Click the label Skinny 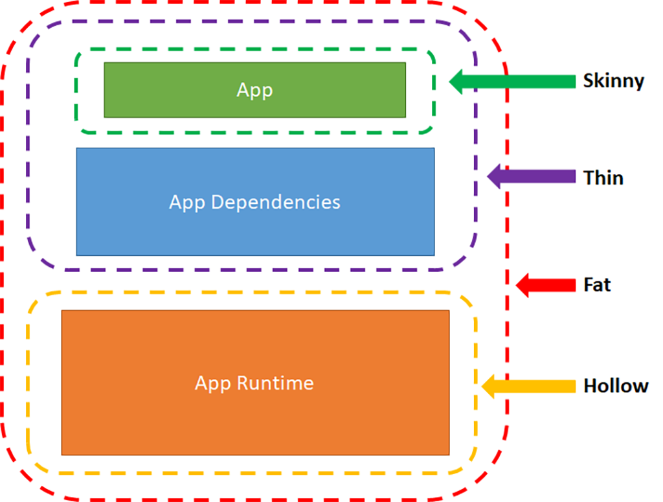613,81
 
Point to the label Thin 603,177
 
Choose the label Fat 597,284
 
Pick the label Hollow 616,386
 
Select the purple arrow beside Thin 531,176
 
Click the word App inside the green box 254,90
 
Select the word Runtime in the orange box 275,383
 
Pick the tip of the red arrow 517,284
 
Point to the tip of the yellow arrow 483,386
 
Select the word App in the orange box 213,383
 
